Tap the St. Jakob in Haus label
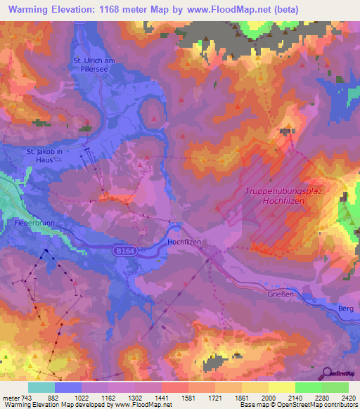point(45,155)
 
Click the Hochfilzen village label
point(186,241)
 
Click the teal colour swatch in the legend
point(41,387)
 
